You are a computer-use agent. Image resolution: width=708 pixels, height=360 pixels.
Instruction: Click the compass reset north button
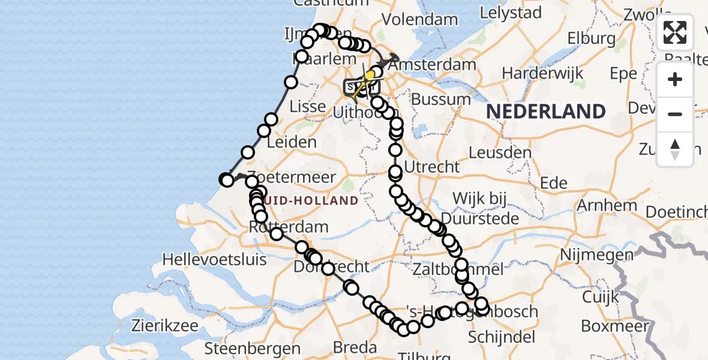675,149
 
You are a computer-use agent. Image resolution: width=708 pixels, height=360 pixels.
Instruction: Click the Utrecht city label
432,166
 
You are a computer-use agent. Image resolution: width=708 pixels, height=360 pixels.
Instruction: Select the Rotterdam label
289,227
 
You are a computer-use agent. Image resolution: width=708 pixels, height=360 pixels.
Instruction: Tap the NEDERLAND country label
545,112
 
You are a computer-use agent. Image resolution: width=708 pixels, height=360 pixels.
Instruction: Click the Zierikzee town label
169,326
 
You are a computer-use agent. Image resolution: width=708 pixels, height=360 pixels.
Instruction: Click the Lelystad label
512,13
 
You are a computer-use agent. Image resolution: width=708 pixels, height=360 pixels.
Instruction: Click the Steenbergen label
252,348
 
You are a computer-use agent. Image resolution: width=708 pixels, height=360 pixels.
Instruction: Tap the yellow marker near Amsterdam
370,75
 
